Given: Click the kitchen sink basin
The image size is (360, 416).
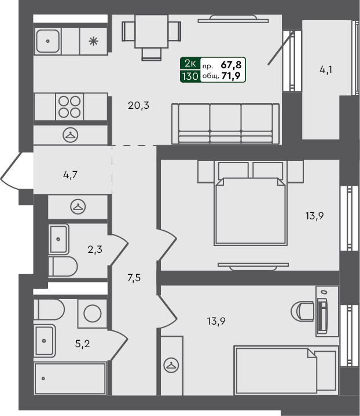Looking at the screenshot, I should [x=46, y=41].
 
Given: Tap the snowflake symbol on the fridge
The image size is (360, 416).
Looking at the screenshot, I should [x=93, y=41].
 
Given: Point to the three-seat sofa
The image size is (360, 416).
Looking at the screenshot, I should [x=225, y=123].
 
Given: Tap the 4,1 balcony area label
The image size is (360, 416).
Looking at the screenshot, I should [x=326, y=71].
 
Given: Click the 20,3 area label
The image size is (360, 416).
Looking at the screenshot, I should [x=139, y=105].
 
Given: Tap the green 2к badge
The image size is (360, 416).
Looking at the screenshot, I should [x=190, y=65].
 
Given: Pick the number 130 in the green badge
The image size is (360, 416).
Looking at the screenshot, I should [x=190, y=76].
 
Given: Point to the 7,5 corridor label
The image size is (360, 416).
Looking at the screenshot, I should [x=134, y=277].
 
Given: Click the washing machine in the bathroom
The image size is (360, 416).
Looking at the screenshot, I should [x=93, y=313].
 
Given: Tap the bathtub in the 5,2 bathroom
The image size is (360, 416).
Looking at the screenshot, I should [x=70, y=379].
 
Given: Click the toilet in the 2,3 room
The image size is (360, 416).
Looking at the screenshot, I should [x=63, y=267].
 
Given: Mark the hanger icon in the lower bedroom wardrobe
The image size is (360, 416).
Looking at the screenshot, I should [x=170, y=365].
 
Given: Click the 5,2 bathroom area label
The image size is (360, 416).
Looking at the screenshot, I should [x=83, y=343].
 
